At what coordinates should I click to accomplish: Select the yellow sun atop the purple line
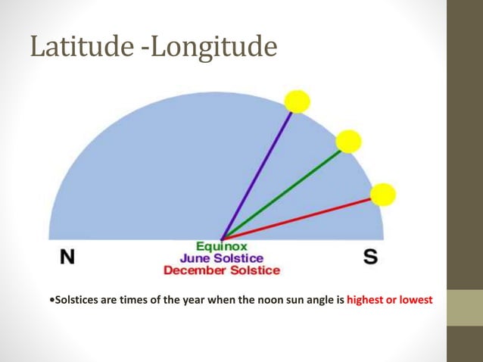(x=298, y=101)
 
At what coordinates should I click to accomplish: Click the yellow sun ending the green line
(x=348, y=141)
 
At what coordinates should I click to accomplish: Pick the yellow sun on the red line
(x=383, y=194)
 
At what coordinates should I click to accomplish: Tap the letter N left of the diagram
(x=67, y=257)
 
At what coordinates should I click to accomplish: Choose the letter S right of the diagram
(x=370, y=257)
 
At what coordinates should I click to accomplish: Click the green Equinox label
(x=221, y=247)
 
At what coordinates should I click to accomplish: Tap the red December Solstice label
(x=221, y=270)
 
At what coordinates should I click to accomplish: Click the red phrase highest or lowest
(x=389, y=300)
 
